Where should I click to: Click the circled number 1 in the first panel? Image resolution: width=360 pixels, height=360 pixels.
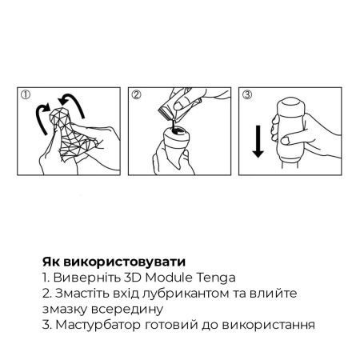pos(26,94)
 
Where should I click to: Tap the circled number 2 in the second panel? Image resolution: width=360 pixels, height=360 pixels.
pos(136,94)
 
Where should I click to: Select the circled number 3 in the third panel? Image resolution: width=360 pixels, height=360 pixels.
pos(246,94)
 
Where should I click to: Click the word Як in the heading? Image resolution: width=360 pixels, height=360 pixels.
pos(51,262)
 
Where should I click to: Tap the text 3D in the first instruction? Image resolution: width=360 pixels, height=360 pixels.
pos(128,278)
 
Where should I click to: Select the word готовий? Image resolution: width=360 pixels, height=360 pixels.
pos(180,325)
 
